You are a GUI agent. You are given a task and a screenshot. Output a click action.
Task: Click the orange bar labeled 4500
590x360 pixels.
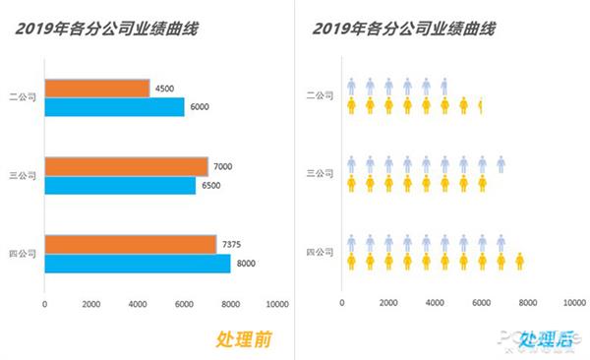(x=97, y=89)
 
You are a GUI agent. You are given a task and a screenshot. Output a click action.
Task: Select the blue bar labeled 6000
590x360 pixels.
(x=114, y=107)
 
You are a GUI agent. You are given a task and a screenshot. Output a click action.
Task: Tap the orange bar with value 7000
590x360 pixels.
(x=126, y=166)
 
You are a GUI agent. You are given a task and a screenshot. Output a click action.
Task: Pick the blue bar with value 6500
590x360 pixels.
(x=120, y=185)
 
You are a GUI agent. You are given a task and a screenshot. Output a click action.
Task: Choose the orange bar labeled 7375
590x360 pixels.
(x=130, y=244)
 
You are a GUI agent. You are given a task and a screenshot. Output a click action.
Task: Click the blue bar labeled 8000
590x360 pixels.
(x=138, y=263)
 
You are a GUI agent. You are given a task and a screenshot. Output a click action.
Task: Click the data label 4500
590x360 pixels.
(x=164, y=89)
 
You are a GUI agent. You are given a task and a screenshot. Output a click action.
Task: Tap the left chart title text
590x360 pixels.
(x=106, y=29)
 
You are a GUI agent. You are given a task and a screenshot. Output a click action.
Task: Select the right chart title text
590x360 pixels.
(x=403, y=29)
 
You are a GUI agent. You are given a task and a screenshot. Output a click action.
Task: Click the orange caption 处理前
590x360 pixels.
(x=244, y=339)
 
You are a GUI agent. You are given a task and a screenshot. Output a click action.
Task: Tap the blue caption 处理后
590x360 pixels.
(x=542, y=339)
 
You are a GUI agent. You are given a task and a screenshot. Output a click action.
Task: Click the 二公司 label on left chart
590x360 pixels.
(x=22, y=98)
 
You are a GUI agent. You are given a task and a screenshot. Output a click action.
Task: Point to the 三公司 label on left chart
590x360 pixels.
(x=22, y=176)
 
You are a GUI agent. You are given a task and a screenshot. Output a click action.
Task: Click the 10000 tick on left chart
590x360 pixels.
(x=277, y=303)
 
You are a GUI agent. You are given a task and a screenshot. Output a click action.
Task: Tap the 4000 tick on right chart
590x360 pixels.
(x=435, y=303)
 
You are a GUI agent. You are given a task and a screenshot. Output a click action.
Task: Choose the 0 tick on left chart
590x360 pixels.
(x=44, y=303)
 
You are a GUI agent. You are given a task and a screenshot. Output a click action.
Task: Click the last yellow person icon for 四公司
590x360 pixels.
(x=519, y=262)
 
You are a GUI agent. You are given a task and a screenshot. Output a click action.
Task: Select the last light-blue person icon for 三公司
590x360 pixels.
(x=501, y=164)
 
